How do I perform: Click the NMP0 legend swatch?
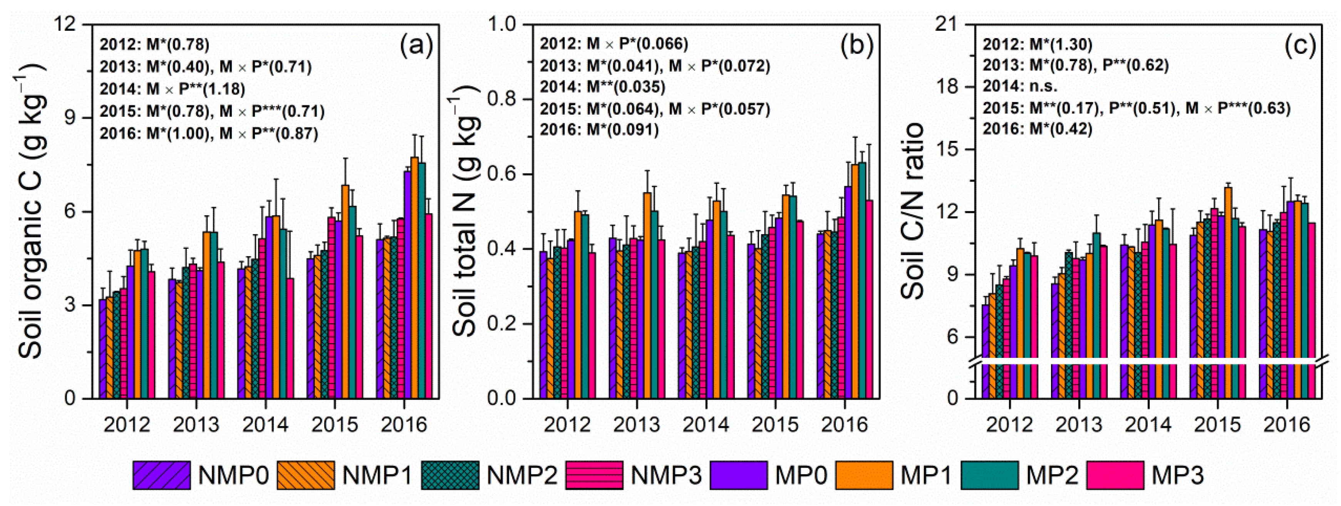tap(161, 475)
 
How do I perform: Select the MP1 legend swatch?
tap(864, 475)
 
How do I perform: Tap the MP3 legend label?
tap(1178, 475)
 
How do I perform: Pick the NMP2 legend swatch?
tap(450, 475)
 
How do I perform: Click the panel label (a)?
tap(416, 46)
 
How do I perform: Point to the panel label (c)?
tap(1299, 46)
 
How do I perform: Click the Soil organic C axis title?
tap(31, 210)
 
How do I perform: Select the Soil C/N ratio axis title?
tap(912, 210)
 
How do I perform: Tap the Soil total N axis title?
tap(465, 210)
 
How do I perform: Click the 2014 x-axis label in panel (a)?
tap(265, 424)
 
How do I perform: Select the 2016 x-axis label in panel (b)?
tap(844, 424)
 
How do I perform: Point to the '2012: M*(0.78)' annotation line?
tap(154, 45)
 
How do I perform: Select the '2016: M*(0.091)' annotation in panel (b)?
tap(598, 130)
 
